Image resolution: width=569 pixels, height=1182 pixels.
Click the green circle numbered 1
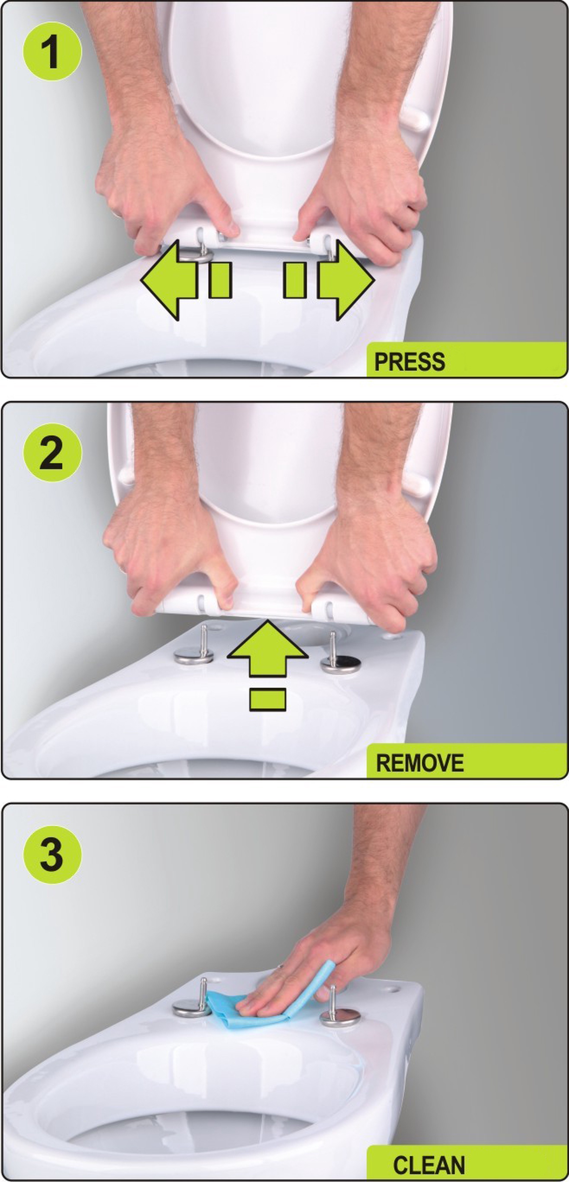click(x=52, y=51)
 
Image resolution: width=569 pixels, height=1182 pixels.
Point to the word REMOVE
click(x=420, y=763)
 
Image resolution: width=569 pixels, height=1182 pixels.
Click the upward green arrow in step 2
click(x=267, y=648)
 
